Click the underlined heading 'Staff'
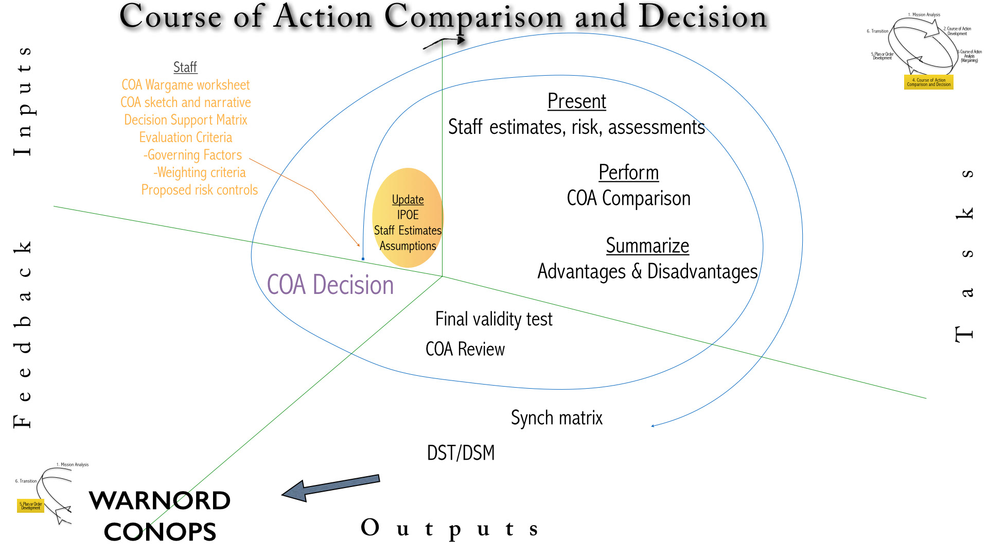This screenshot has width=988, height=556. tap(185, 67)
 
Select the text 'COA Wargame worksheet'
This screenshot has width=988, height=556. tap(185, 85)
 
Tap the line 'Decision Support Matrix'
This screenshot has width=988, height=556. tap(185, 120)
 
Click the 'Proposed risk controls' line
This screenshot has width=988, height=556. tap(199, 190)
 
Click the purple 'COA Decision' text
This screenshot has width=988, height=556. tap(330, 285)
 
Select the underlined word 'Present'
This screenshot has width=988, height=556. tap(576, 101)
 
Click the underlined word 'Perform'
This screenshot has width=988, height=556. tap(628, 172)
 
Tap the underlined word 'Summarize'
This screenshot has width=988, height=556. tap(647, 246)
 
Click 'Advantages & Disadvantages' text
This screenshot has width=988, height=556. tap(647, 271)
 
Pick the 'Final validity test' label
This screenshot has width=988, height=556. tap(493, 319)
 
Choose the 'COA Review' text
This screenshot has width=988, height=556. tap(465, 349)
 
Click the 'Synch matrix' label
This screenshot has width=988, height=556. tap(556, 418)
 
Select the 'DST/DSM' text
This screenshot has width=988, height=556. tap(461, 453)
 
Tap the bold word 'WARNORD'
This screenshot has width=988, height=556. tap(160, 500)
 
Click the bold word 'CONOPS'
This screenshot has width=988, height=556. tap(160, 532)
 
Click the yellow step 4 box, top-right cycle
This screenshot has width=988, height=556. tap(928, 82)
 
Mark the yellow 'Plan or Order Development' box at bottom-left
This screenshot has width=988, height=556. tap(30, 506)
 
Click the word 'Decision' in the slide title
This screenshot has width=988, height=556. tap(702, 16)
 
